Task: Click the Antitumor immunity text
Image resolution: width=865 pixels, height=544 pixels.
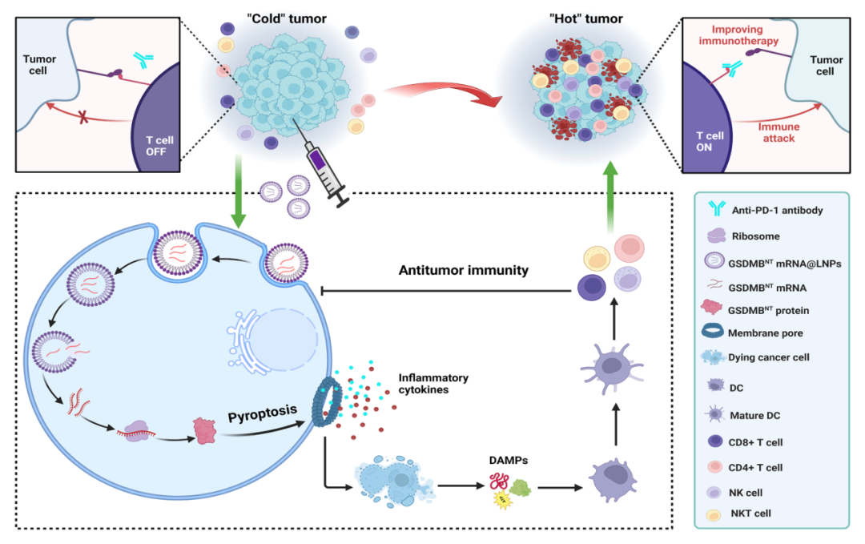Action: point(464,271)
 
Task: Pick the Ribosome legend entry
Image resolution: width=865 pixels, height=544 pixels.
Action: point(754,236)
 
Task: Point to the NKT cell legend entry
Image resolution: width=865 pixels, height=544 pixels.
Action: point(753,513)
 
